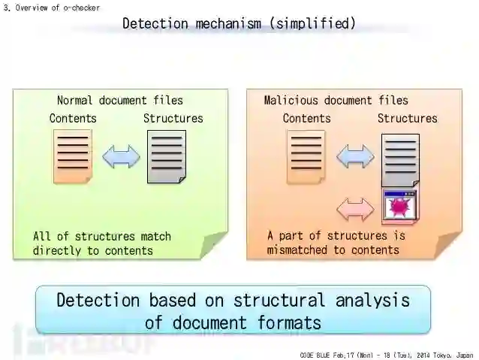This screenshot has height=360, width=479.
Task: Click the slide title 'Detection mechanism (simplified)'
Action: point(239,23)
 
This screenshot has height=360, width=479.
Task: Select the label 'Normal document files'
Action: point(119,100)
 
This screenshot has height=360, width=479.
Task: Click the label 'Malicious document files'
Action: point(336,100)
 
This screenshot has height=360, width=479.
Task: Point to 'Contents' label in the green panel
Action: point(73,118)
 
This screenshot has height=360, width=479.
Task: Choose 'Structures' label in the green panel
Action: point(173,118)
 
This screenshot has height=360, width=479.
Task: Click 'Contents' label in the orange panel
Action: point(306,118)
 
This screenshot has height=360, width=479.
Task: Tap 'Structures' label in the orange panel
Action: point(407,118)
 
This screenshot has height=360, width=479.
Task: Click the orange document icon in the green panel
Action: point(72,156)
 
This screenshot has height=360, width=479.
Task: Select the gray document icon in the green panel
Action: point(166,156)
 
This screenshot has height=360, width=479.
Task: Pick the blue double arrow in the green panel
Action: point(121,156)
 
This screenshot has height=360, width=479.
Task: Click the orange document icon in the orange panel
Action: point(306,156)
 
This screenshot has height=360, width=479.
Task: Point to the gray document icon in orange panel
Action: point(400,159)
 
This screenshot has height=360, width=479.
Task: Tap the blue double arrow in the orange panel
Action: point(354,156)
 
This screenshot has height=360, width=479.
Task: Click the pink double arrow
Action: point(354,208)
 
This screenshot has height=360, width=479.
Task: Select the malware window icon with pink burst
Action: point(400,206)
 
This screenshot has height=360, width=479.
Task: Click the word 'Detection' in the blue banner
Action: point(98,300)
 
